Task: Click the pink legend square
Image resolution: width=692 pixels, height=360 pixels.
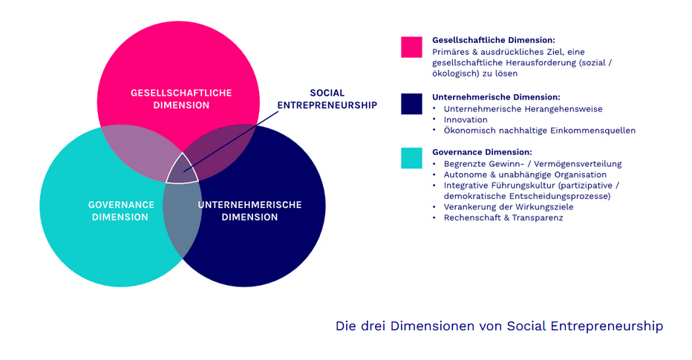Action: pyautogui.click(x=411, y=47)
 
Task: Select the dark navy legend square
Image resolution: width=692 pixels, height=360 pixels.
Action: pyautogui.click(x=411, y=104)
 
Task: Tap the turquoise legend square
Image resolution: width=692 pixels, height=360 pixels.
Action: pyautogui.click(x=411, y=158)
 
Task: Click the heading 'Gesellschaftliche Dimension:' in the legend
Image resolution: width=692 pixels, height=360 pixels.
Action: pyautogui.click(x=493, y=40)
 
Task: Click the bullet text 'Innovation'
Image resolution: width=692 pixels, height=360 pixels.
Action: pyautogui.click(x=466, y=120)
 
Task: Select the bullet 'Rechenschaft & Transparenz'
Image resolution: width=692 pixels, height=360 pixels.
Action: pyautogui.click(x=503, y=218)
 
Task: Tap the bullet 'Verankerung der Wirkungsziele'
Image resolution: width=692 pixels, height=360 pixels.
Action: pyautogui.click(x=509, y=207)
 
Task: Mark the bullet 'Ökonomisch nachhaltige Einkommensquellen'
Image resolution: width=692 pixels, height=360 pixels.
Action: pyautogui.click(x=539, y=131)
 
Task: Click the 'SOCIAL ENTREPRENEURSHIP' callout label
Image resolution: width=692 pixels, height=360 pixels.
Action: pyautogui.click(x=327, y=99)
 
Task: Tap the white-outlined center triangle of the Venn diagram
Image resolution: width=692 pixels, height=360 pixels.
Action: pyautogui.click(x=181, y=171)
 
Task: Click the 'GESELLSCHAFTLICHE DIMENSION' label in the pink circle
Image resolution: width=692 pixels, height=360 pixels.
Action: pyautogui.click(x=181, y=99)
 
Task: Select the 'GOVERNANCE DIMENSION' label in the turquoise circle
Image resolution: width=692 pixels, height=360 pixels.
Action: pyautogui.click(x=121, y=211)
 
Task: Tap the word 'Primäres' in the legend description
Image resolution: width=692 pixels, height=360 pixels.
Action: pyautogui.click(x=451, y=52)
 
